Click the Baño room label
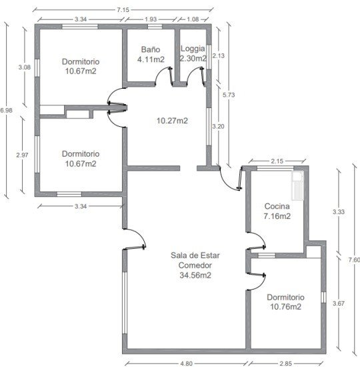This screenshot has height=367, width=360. point(151,49)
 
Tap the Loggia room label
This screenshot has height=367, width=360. point(193,49)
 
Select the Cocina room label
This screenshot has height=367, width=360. point(277,206)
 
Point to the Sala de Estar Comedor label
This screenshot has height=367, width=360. point(195,260)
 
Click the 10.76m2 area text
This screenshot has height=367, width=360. point(285,307)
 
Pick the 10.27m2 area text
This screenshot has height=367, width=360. point(172,121)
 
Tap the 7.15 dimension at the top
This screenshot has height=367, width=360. point(123,10)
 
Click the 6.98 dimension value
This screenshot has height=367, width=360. point(6,110)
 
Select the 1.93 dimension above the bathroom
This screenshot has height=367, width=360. point(151,19)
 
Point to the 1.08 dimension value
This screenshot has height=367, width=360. point(193,19)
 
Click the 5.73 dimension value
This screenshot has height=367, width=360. point(229,95)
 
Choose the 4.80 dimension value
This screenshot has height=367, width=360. point(186,364)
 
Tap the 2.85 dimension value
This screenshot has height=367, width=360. point(285,364)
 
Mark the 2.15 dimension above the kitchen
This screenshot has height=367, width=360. point(277,161)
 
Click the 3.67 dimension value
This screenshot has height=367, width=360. point(339,304)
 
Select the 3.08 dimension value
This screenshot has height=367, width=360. point(24,67)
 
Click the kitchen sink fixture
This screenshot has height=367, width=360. point(297,186)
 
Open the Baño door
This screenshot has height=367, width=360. point(164,76)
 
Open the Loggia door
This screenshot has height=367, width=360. point(195,76)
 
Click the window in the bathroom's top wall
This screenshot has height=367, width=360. point(155,27)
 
